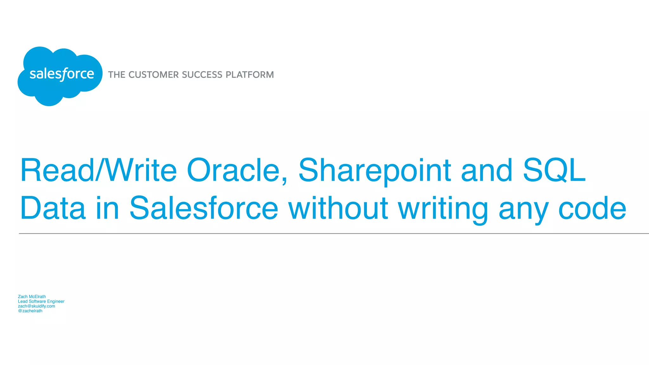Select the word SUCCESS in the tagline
[202, 75]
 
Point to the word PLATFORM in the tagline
[250, 75]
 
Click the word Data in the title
[53, 208]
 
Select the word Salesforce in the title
[204, 208]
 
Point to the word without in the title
[338, 208]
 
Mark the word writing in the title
[443, 208]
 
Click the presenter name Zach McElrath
[32, 297]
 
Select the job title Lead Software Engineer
[41, 301]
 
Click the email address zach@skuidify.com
[36, 306]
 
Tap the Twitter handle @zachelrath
[30, 311]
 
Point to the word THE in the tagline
[117, 75]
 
